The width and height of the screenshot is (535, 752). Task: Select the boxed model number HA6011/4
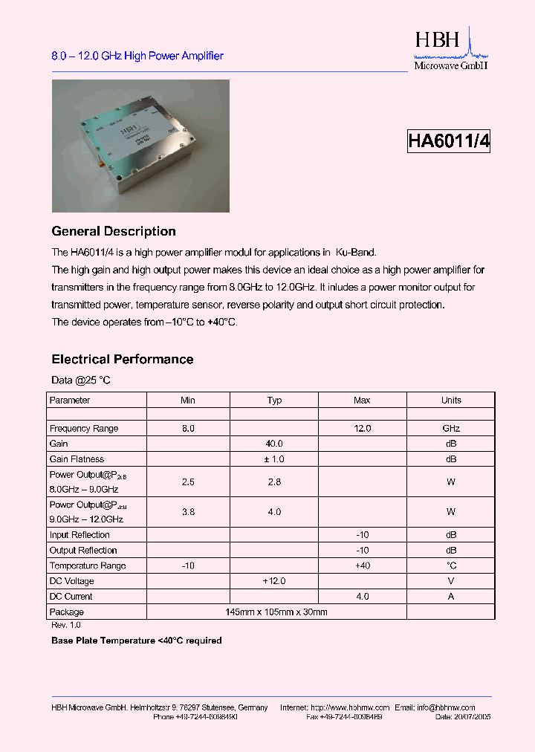[x=449, y=141]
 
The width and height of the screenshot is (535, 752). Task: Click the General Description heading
[x=114, y=231]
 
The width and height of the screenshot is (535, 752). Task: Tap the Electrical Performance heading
[x=123, y=360]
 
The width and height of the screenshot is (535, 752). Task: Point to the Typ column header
[x=274, y=401]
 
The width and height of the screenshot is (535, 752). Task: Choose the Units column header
[x=451, y=401]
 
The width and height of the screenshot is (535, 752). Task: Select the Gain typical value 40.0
[x=274, y=444]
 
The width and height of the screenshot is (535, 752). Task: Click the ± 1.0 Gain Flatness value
[x=274, y=459]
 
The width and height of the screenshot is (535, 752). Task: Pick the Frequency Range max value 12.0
[x=362, y=429]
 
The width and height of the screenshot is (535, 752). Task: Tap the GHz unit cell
[x=451, y=429]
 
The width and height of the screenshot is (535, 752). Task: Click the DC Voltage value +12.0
[x=274, y=581]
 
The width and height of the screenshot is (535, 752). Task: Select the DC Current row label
[x=71, y=597]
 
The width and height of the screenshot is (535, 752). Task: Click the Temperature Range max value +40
[x=362, y=566]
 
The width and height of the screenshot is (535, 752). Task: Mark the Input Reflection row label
[x=80, y=535]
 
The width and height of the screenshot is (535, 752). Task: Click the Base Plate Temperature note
[x=137, y=641]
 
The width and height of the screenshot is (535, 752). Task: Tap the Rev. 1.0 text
[x=66, y=626]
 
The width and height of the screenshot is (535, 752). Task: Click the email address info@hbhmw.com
[x=445, y=708]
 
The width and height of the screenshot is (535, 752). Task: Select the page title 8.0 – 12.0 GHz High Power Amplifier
[x=137, y=56]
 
